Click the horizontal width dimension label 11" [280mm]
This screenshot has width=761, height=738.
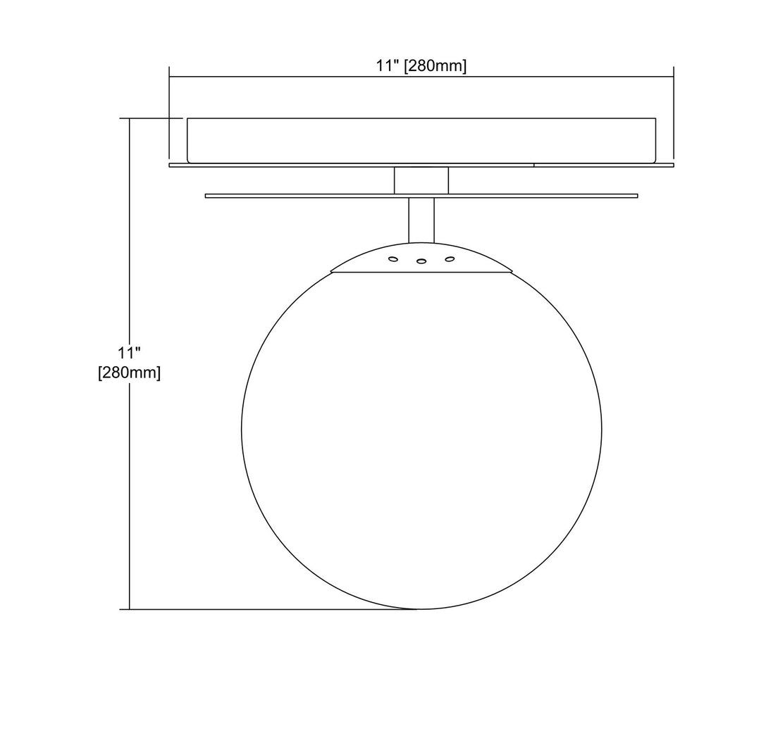point(421,66)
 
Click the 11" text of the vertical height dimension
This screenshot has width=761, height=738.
point(129,353)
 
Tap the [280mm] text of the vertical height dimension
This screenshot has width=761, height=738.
point(129,373)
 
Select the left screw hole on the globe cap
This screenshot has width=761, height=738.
point(393,259)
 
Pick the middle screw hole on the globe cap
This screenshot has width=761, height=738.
point(421,261)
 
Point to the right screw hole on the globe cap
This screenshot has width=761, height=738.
point(450,259)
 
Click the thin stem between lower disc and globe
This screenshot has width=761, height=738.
point(421,220)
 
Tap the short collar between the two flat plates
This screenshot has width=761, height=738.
point(421,180)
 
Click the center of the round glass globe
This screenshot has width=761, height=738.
point(421,430)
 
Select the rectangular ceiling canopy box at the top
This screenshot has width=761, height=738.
point(421,140)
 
